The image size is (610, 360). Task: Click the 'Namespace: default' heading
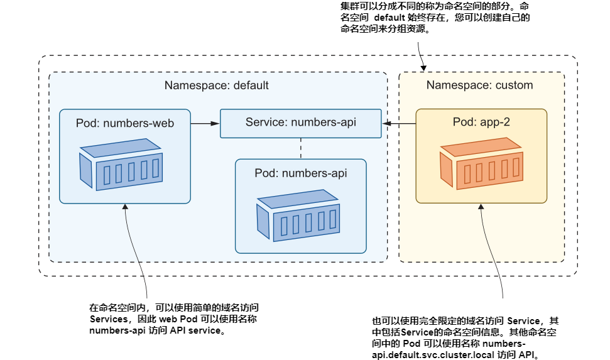click(x=216, y=85)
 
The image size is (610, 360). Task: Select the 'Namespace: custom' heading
click(x=479, y=85)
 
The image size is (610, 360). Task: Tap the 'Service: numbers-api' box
click(x=300, y=123)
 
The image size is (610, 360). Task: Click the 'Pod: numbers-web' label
click(x=124, y=123)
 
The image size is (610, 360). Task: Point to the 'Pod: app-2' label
click(x=481, y=123)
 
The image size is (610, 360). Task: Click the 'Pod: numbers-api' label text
click(x=300, y=173)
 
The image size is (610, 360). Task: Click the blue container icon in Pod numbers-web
click(x=122, y=166)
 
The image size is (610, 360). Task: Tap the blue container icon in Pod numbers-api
click(x=299, y=216)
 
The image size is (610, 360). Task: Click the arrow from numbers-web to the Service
click(x=205, y=124)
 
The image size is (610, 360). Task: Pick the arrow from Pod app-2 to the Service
click(x=398, y=124)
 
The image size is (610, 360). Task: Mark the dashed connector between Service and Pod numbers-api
click(x=301, y=148)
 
